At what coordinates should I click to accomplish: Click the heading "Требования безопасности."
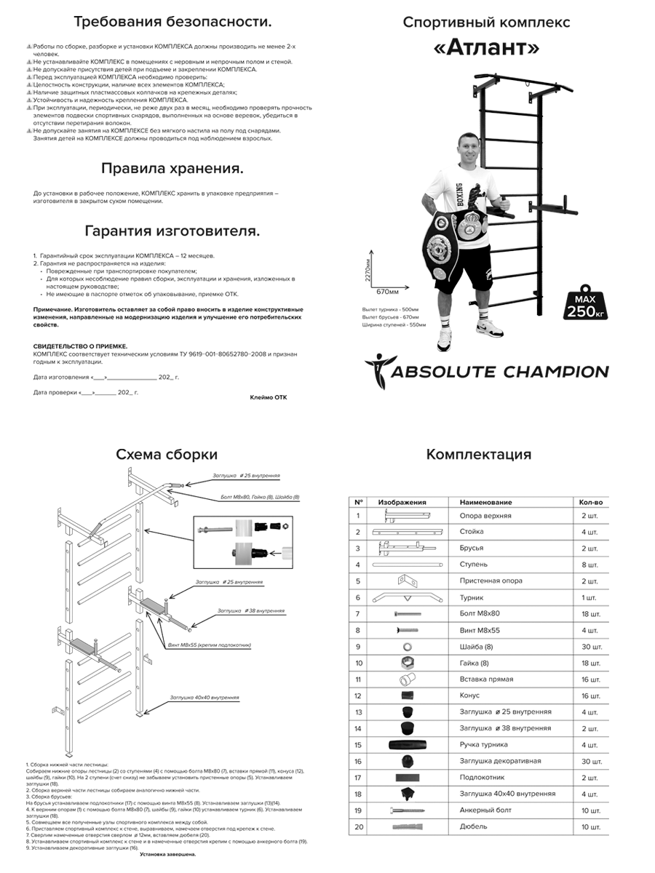172,21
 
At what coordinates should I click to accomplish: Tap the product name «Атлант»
486,48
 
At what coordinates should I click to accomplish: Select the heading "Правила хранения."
172,168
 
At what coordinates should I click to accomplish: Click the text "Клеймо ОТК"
269,397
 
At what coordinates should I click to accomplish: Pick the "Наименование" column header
485,502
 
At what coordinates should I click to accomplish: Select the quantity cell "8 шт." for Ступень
589,565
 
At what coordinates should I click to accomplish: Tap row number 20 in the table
358,826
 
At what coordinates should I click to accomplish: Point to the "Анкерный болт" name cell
485,810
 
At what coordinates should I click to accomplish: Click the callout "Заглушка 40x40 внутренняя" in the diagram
204,697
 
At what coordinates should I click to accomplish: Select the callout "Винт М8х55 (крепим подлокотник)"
215,644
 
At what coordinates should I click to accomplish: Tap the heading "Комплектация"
478,455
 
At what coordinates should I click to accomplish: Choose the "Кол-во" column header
590,502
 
